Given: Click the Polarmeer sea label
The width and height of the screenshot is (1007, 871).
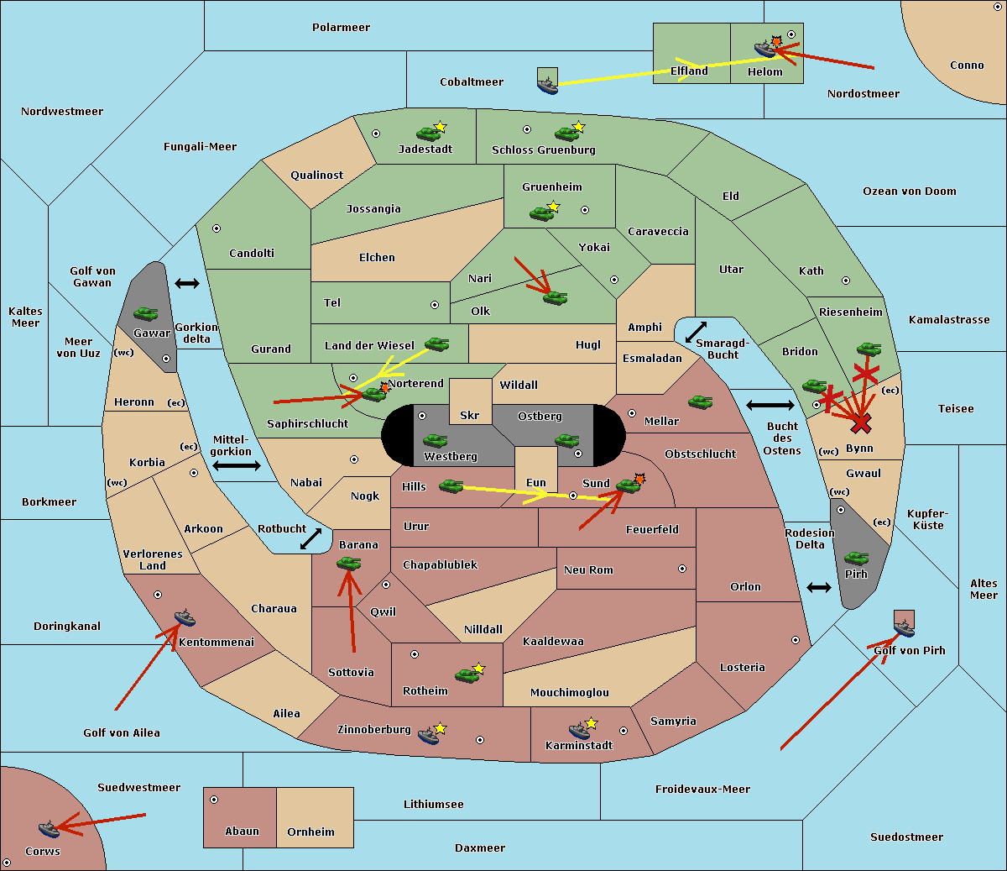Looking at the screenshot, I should pos(341,28).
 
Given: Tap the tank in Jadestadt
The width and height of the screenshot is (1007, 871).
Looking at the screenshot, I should pos(429,133).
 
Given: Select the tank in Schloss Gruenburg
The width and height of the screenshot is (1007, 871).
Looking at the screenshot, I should pos(567,133).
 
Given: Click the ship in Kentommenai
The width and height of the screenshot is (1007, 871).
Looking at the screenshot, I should pos(185,619).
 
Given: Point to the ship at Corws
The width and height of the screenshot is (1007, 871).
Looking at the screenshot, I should pos(49,829).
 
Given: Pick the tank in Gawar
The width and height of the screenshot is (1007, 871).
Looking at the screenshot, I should pos(146,313).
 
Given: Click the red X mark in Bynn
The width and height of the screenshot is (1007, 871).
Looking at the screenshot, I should pos(861,422).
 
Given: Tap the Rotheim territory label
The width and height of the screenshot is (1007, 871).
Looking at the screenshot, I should pos(425,691).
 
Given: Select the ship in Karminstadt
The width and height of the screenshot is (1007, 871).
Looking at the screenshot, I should pos(579,730).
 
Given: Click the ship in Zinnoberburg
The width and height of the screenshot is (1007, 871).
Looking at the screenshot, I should pos(429,736).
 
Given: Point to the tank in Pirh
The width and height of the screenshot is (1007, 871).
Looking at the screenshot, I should pos(856,558).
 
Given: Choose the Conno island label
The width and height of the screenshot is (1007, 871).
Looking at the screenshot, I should pos(967,66).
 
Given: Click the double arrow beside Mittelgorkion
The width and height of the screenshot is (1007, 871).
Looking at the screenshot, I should pos(236,466).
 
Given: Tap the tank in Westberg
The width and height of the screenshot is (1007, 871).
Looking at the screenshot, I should pos(435,440).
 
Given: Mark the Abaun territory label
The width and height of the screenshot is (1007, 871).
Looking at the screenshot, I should pos(242,832).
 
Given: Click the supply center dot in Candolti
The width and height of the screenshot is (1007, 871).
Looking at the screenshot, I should pos(217,228).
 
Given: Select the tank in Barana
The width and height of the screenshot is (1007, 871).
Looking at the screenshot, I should pos(348,564).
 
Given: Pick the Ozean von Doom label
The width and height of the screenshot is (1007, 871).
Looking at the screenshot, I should pos(910,192).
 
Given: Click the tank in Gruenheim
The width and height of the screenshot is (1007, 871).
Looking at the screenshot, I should pos(542,213).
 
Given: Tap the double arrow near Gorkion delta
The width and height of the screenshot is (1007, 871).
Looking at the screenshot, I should pos(187,284).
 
